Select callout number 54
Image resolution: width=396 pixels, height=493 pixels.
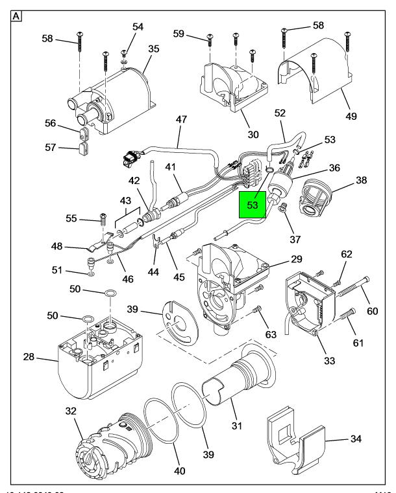138,26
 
